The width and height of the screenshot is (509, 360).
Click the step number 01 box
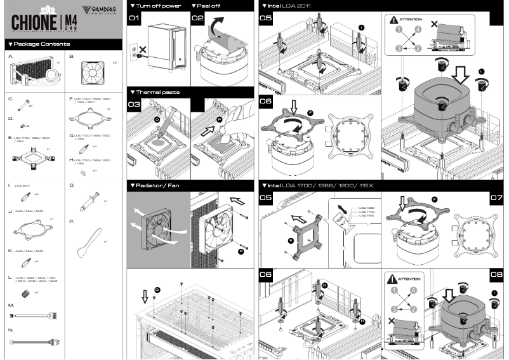[x=134, y=18]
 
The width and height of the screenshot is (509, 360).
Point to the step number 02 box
[x=197, y=18]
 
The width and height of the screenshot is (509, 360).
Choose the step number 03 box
[x=134, y=104]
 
